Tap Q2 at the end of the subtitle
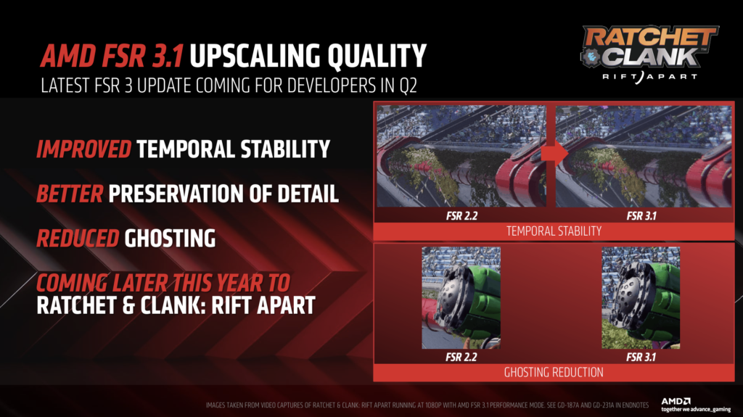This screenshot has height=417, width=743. point(408,86)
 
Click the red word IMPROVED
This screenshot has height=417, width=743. point(84,149)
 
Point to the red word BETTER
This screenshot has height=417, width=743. point(70,194)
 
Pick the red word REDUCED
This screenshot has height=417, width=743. point(78,239)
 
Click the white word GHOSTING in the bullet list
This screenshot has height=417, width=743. point(170,239)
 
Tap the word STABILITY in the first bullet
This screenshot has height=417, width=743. point(285,149)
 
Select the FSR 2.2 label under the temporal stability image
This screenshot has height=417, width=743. point(461,216)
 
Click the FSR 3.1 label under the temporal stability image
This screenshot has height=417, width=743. point(641,216)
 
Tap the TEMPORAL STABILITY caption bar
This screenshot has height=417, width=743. point(554,231)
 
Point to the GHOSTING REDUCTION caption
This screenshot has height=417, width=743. point(554,373)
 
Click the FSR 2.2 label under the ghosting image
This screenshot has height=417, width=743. point(461,357)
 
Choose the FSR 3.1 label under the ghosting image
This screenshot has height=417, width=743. point(641,357)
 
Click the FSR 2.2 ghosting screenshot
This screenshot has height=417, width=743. point(461,297)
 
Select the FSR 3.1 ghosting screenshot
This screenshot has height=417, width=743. point(641,297)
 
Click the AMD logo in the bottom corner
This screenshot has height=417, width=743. point(676,401)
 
